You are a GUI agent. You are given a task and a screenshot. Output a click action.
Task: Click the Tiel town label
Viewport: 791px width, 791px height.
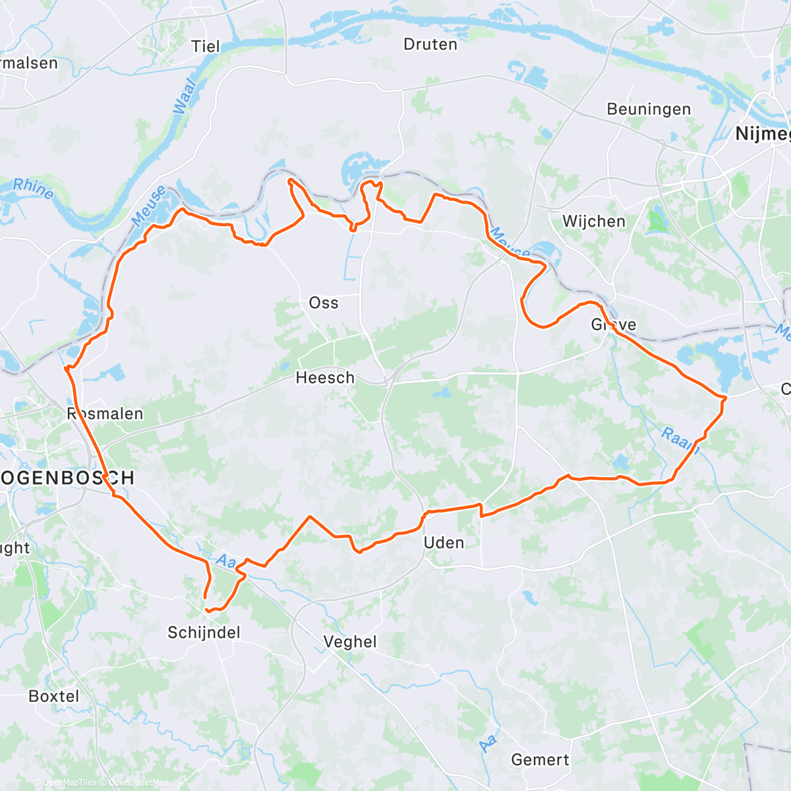tap(205, 46)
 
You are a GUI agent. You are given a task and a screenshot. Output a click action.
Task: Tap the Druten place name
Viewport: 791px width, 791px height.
tap(430, 44)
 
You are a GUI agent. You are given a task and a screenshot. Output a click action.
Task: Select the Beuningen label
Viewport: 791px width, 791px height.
tap(649, 109)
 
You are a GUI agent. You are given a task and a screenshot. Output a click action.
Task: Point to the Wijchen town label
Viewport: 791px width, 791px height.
tap(593, 221)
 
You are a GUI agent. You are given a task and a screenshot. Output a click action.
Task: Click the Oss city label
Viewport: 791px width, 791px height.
tap(324, 303)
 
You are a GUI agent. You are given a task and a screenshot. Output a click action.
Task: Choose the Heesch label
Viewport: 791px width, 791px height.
tap(325, 378)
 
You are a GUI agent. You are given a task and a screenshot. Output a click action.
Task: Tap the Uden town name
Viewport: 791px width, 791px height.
tap(444, 542)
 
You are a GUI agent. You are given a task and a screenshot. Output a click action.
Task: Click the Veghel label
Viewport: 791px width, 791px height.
tap(350, 641)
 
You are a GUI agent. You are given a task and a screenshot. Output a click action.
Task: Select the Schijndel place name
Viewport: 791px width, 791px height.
tap(204, 633)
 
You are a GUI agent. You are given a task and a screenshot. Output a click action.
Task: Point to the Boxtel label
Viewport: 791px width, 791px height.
tap(54, 696)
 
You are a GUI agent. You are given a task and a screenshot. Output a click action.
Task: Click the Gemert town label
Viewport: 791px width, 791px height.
tap(540, 759)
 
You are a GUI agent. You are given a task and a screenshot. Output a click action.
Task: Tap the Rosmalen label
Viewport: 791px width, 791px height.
tap(105, 414)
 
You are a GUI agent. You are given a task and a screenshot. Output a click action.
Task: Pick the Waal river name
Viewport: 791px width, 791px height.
tap(185, 96)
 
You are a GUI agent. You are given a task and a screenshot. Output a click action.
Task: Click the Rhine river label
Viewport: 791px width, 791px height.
tap(34, 189)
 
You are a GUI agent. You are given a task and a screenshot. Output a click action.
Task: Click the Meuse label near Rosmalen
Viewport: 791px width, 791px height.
tap(148, 205)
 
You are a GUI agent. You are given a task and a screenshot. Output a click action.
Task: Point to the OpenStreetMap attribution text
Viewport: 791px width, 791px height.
tap(138, 783)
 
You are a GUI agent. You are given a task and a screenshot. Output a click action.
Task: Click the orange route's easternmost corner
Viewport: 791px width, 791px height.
tap(725, 397)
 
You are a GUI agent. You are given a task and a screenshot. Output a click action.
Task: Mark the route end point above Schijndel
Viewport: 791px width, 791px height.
tap(205, 597)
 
